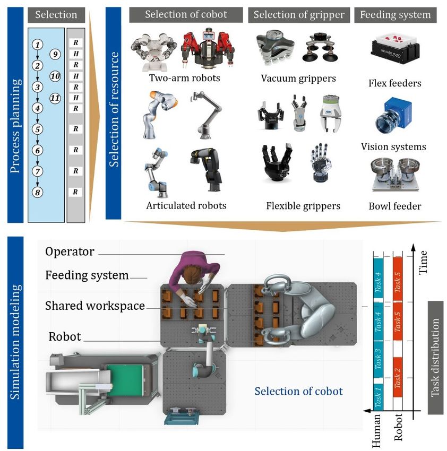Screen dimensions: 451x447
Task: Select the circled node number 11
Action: coord(55,98)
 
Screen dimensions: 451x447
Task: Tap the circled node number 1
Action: coord(37,45)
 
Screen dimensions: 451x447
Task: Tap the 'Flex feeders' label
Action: coord(394,83)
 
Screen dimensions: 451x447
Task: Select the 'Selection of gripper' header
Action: coord(298,15)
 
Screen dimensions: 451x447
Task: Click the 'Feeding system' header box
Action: coord(396,15)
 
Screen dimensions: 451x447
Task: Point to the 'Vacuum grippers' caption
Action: coord(298,79)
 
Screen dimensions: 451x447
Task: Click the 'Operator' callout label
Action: coord(70,251)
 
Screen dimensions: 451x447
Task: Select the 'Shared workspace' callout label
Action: coord(95,306)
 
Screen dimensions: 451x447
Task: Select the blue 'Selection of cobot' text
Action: coord(298,392)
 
